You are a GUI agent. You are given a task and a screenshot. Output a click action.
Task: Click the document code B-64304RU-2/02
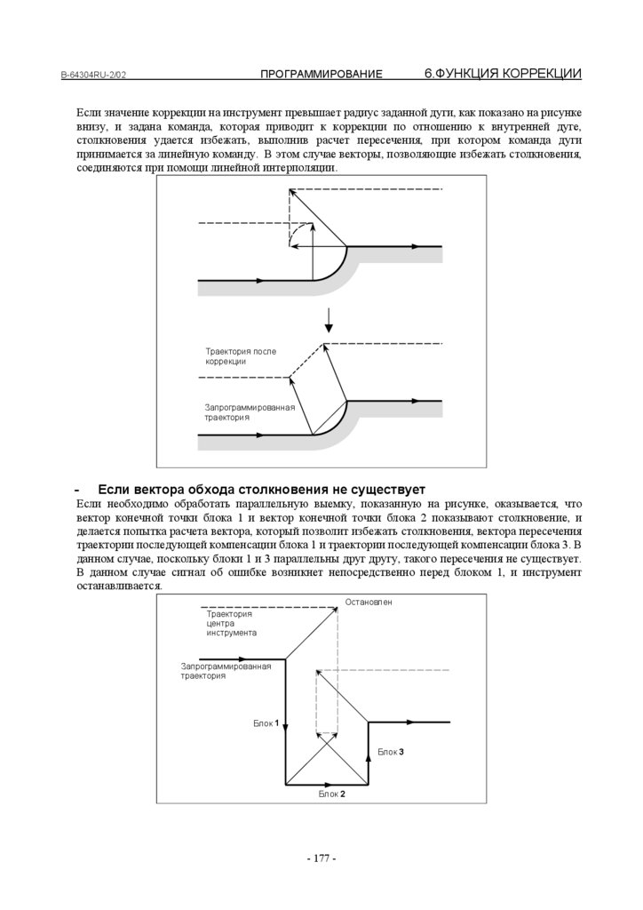[x=93, y=76]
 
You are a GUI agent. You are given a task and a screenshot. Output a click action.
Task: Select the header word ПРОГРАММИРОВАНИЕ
[x=321, y=75]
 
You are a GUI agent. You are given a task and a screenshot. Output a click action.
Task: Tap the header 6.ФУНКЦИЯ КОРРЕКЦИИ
[x=503, y=74]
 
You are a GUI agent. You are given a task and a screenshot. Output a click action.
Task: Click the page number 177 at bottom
[x=321, y=858]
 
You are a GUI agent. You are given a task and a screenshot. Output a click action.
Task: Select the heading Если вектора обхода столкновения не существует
[x=261, y=490]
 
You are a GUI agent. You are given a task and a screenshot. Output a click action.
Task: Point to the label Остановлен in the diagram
[x=369, y=603]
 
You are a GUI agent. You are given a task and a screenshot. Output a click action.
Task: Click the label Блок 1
[x=266, y=723]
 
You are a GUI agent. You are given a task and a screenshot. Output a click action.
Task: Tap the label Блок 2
[x=331, y=794]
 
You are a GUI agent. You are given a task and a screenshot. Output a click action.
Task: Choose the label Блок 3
[x=391, y=752]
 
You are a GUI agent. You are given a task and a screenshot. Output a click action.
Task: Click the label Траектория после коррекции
[x=240, y=356]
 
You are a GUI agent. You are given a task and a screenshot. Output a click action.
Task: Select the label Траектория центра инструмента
[x=231, y=623]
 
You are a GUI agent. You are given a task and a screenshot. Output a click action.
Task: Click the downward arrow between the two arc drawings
[x=328, y=318]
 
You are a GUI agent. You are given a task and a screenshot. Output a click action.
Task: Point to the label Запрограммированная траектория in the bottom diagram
[x=225, y=670]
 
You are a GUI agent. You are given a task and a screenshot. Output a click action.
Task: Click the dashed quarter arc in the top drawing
[x=296, y=232]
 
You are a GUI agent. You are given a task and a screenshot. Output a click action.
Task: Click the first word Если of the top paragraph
[x=88, y=116]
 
